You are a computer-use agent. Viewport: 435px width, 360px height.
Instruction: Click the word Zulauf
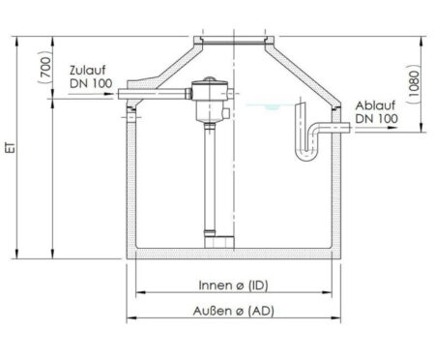[88, 70]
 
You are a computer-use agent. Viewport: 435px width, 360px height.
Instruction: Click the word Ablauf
[375, 105]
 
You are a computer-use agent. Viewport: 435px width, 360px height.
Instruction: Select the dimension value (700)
[45, 67]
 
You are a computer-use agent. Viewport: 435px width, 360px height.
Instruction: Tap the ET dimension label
[12, 148]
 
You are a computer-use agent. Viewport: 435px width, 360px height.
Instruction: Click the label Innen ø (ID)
[233, 285]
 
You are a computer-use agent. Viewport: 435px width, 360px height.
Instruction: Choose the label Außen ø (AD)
[234, 311]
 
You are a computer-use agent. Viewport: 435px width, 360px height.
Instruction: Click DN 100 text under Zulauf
[91, 83]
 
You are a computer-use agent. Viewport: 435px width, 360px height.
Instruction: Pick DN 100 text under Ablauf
[376, 118]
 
